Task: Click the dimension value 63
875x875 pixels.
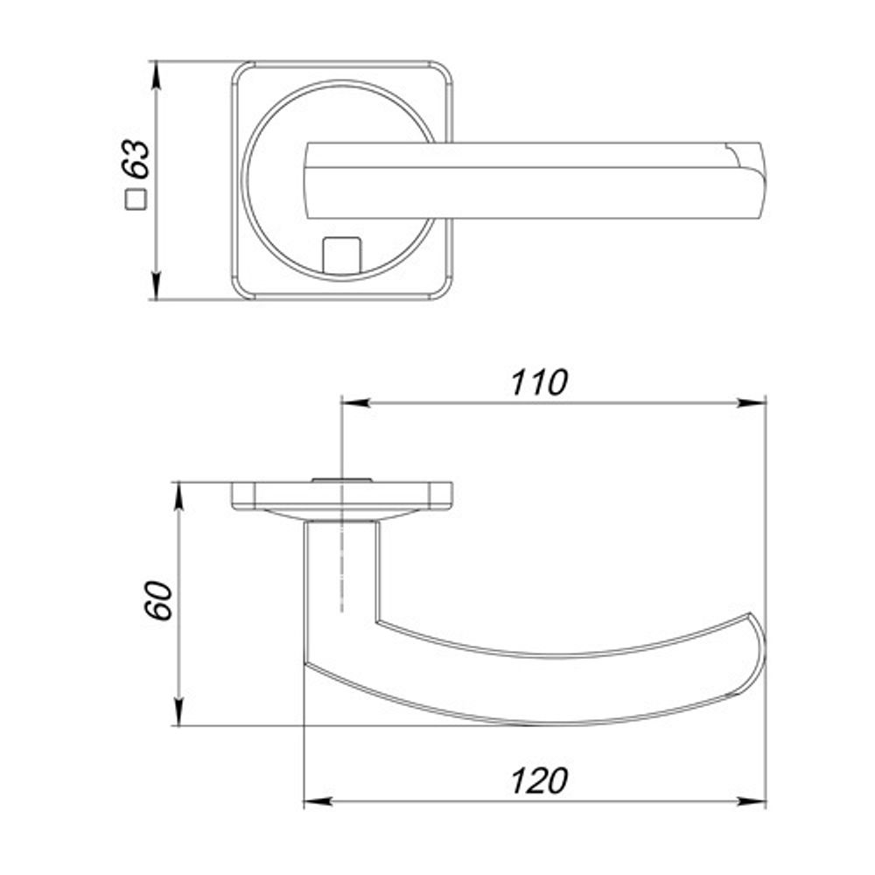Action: [137, 158]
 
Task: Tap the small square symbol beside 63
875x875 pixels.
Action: [136, 199]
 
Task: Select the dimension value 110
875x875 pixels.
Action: [539, 382]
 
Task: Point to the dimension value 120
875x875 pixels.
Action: [539, 780]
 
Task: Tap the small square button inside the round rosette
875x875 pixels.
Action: [342, 255]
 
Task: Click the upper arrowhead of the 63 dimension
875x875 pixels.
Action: [157, 75]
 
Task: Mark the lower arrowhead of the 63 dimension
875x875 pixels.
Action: [157, 286]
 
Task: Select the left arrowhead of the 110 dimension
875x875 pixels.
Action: [355, 402]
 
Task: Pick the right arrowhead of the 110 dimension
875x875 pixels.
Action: [752, 402]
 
